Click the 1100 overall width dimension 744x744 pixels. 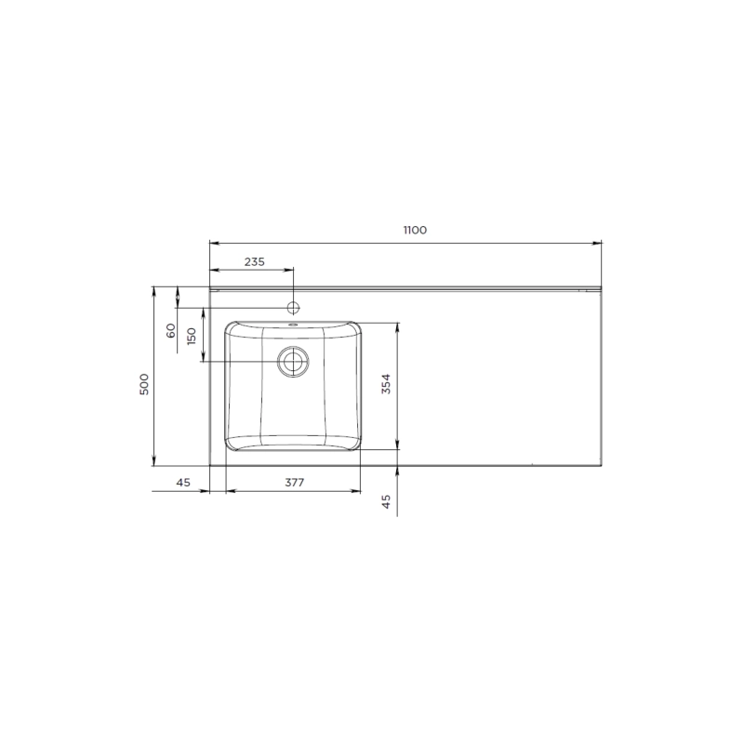415,230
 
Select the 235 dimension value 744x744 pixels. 254,262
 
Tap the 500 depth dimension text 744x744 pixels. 144,384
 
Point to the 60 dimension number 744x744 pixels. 171,330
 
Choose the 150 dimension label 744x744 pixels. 192,337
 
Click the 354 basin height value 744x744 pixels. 387,384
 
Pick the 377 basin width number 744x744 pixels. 294,483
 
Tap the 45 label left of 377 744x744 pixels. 183,483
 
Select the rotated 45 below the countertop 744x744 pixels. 387,501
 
